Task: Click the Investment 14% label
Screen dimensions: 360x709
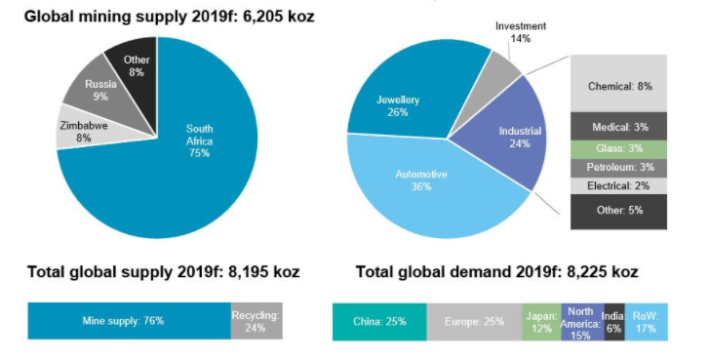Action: [x=520, y=32]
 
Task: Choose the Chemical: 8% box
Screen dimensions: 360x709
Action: [x=619, y=86]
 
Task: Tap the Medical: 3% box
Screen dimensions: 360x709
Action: [x=619, y=127]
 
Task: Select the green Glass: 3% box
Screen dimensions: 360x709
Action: [x=619, y=147]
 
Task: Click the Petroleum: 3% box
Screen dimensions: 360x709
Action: [x=619, y=167]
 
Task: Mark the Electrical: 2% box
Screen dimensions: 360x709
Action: [x=619, y=185]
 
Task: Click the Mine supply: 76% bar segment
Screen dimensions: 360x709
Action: [x=129, y=320]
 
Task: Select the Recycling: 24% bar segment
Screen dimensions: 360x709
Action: [x=256, y=320]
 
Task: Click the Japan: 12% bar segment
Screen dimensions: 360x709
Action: [x=540, y=320]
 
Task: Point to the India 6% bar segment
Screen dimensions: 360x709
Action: [x=613, y=320]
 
